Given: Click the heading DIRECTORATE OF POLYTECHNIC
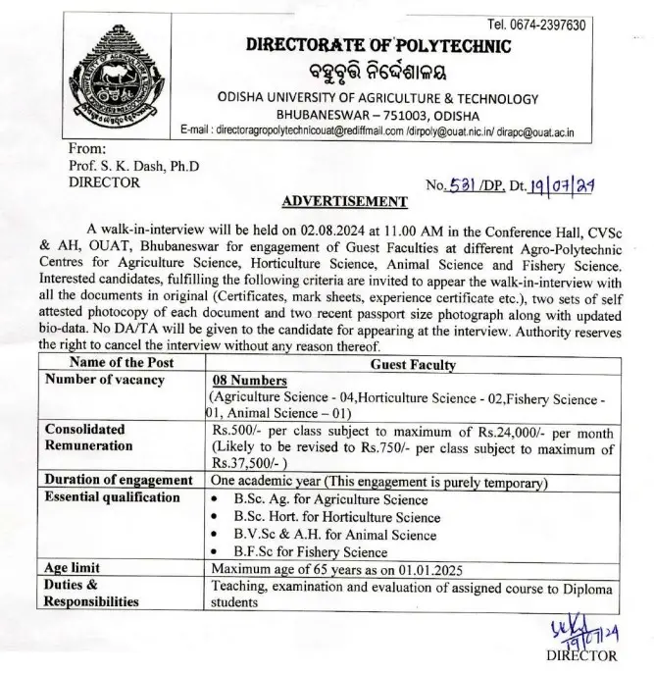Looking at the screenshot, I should coord(377,46).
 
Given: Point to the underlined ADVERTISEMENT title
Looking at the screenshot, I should coord(343,202).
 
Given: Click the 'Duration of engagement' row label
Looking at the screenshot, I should coord(119,480).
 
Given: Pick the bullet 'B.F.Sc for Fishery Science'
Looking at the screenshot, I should coord(315,552).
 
